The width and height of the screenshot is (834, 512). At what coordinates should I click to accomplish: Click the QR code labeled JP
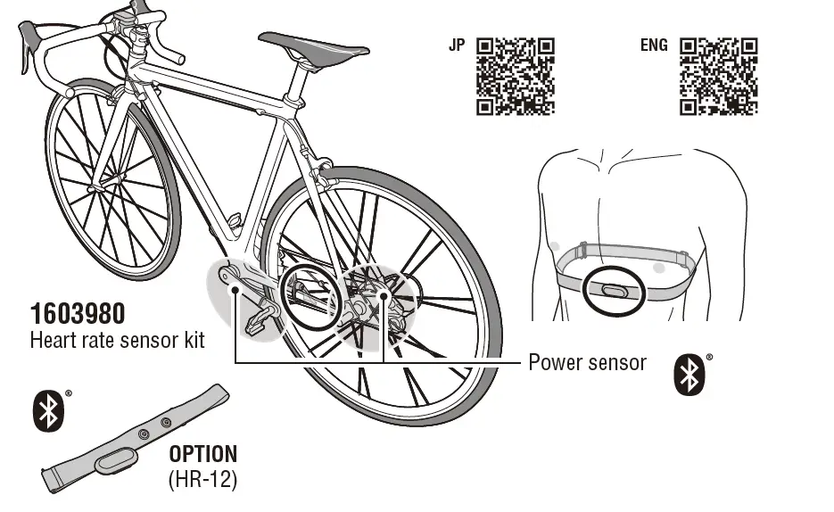[x=516, y=76]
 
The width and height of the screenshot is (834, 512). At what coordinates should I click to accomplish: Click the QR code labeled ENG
[x=719, y=76]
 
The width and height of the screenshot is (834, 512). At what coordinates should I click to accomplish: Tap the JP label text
[x=456, y=45]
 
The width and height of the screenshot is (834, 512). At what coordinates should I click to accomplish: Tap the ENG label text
[x=653, y=45]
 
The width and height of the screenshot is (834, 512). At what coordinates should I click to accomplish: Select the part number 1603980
[x=78, y=314]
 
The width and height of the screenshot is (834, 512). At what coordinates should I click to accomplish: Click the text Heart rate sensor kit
[x=117, y=341]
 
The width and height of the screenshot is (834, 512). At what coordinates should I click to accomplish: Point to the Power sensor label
[x=587, y=362]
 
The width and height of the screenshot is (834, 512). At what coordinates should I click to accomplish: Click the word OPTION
[x=203, y=454]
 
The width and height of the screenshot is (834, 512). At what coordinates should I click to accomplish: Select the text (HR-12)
[x=202, y=479]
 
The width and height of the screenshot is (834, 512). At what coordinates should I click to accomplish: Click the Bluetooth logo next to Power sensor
[x=688, y=376]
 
